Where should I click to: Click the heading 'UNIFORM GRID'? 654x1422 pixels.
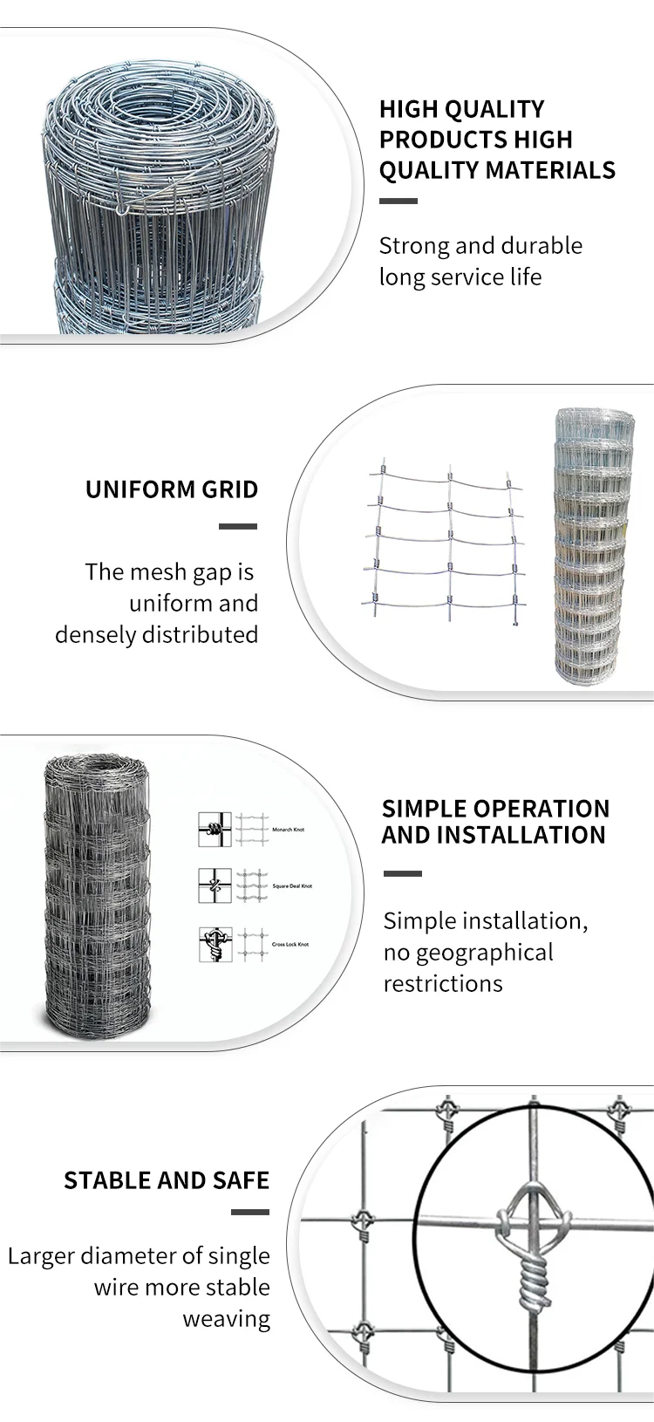click(x=172, y=489)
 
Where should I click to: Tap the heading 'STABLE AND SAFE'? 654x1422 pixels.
click(x=167, y=1180)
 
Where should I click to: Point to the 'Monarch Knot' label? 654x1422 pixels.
click(x=288, y=830)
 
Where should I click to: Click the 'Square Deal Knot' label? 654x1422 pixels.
click(x=292, y=886)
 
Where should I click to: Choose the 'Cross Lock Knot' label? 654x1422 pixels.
click(x=290, y=945)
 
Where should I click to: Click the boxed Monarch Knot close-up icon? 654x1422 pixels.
click(x=215, y=830)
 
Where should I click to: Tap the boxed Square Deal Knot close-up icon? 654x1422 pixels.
click(x=215, y=885)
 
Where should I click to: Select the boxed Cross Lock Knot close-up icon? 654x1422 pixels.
click(x=215, y=945)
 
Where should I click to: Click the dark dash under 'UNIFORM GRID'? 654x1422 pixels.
click(x=237, y=527)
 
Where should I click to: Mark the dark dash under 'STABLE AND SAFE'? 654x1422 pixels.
click(x=249, y=1212)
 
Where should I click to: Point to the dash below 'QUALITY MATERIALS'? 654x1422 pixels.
click(x=399, y=202)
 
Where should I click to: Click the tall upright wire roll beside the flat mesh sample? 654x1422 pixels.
click(x=591, y=545)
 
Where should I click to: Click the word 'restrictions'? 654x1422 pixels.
click(x=443, y=983)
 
